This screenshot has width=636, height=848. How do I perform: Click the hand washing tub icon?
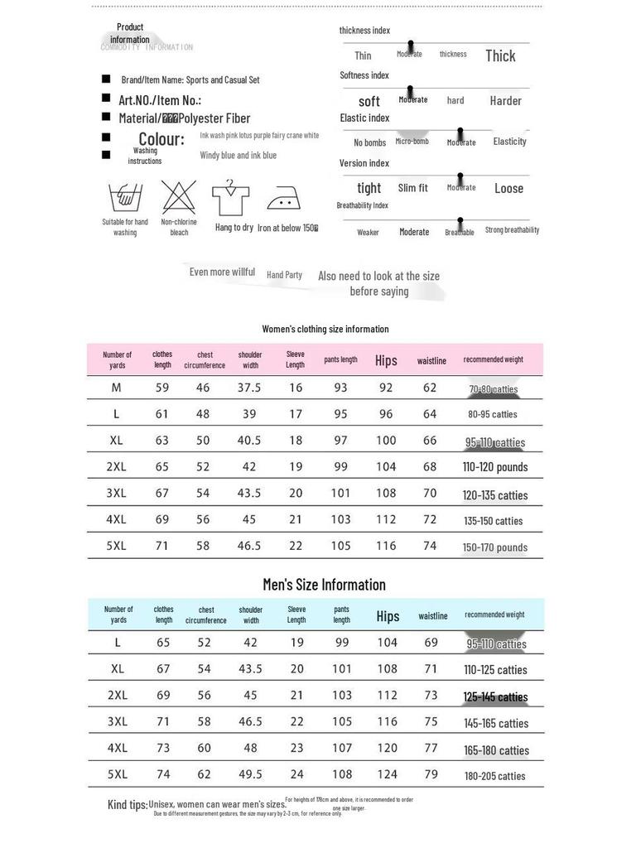(125, 199)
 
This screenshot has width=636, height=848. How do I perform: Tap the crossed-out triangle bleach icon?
(179, 198)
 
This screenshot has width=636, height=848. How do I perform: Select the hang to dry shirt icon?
(231, 199)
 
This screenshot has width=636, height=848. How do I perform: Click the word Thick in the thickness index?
(500, 55)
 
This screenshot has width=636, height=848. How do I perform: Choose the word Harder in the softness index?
(505, 101)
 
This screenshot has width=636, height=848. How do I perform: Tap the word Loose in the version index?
(508, 188)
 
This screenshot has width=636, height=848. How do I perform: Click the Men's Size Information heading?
(324, 585)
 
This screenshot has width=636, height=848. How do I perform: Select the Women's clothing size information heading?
(325, 329)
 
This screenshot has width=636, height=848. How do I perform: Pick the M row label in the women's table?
(116, 388)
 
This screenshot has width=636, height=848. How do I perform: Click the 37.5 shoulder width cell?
(249, 388)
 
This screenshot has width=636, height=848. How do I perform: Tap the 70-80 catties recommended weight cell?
(493, 388)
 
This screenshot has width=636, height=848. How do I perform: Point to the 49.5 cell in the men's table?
(249, 774)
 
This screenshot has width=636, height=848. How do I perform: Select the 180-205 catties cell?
(494, 776)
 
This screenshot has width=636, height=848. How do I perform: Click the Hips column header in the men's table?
(388, 616)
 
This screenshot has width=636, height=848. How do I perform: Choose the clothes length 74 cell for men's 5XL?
(162, 774)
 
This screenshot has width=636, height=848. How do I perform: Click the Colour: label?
(161, 139)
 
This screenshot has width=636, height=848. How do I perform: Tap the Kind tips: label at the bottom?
(128, 805)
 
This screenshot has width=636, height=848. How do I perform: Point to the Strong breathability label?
(512, 230)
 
